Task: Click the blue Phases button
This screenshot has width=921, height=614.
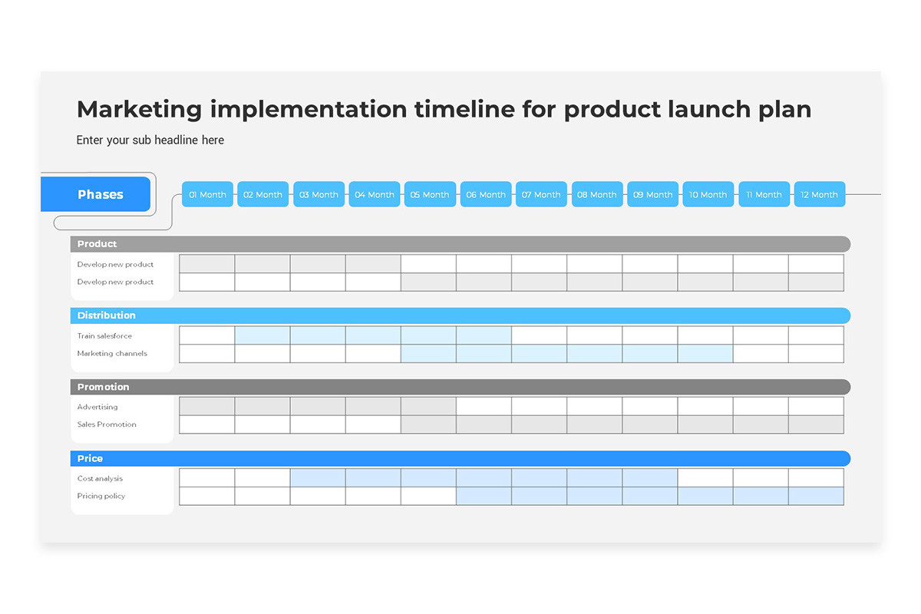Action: click(x=95, y=194)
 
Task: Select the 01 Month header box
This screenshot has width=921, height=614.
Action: click(x=207, y=194)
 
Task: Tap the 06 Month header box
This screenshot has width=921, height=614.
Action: click(x=486, y=194)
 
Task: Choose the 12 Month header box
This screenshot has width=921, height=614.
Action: click(x=820, y=194)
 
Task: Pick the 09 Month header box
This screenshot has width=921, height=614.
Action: click(x=652, y=194)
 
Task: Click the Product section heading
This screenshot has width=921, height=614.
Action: click(x=97, y=244)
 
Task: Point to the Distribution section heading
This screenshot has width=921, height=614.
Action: click(x=107, y=315)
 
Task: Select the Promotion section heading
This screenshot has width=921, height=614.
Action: click(x=103, y=387)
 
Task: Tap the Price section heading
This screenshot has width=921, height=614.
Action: click(x=90, y=458)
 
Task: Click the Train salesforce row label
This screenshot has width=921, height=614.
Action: click(x=104, y=336)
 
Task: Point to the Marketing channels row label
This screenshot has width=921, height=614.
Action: click(x=112, y=354)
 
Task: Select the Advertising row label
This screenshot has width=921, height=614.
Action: click(x=97, y=407)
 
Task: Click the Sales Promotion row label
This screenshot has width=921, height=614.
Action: click(x=107, y=424)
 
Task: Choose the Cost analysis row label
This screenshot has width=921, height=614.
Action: click(x=100, y=479)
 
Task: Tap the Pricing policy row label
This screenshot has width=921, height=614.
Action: click(x=101, y=496)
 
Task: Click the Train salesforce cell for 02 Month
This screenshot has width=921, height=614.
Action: click(x=262, y=335)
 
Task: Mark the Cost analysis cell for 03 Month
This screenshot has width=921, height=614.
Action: click(x=318, y=477)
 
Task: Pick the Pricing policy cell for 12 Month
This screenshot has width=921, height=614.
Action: click(x=816, y=496)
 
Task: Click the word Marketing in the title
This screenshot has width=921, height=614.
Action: click(x=140, y=110)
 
